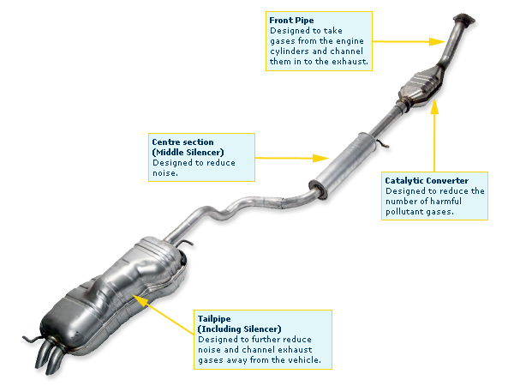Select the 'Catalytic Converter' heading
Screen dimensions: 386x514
tap(427, 181)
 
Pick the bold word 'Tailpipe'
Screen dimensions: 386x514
tap(215, 318)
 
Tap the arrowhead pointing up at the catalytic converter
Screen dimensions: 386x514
tap(433, 106)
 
